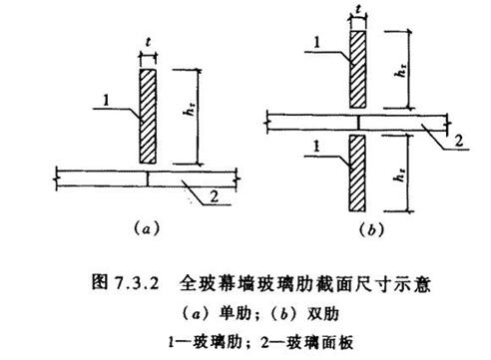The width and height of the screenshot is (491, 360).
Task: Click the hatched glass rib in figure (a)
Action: click(148, 116)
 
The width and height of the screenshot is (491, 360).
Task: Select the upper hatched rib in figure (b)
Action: click(358, 69)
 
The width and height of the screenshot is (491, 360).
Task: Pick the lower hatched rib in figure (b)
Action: click(357, 173)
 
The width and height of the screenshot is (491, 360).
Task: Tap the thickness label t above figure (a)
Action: click(148, 42)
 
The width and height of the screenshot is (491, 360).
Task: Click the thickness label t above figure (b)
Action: click(358, 9)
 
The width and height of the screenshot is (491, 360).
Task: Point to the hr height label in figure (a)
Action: click(190, 109)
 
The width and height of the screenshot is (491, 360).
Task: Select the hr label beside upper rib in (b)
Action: click(401, 70)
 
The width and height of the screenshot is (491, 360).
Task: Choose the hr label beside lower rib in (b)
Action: click(399, 175)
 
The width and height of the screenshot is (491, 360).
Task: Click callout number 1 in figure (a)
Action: click(106, 100)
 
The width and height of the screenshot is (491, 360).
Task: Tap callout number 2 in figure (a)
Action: click(214, 196)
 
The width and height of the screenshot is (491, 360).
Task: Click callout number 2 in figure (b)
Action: click(459, 141)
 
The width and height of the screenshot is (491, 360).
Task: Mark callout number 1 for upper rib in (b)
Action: click(316, 43)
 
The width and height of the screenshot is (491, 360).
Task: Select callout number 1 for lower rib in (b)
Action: click(316, 147)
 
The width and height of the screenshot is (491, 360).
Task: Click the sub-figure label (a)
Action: click(147, 229)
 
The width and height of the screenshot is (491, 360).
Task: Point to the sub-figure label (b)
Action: click(371, 229)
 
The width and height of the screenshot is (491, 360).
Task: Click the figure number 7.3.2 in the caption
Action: click(137, 284)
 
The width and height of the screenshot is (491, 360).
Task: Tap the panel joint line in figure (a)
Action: click(147, 179)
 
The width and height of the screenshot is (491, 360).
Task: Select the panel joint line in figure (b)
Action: click(358, 123)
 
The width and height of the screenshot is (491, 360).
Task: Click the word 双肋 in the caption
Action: click(323, 314)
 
